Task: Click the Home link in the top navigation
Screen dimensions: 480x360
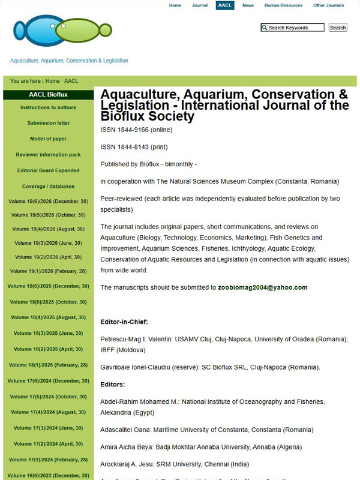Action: (x=175, y=5)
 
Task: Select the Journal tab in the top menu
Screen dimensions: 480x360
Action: (x=200, y=5)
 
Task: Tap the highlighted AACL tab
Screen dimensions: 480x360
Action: (x=225, y=5)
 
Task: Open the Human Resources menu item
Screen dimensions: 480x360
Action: (x=283, y=5)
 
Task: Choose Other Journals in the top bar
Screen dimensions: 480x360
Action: (x=328, y=5)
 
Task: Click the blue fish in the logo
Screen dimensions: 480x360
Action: (x=35, y=30)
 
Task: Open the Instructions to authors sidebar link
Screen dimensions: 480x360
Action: (x=48, y=108)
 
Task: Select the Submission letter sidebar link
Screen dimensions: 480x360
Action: (x=48, y=124)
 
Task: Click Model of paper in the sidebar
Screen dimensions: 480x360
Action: (x=48, y=139)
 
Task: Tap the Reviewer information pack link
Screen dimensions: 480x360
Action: (x=48, y=155)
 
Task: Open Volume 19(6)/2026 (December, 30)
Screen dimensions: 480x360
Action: (x=48, y=202)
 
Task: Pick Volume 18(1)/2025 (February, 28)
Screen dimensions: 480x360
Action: (x=48, y=365)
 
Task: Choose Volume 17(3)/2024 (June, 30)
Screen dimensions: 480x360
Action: (x=48, y=428)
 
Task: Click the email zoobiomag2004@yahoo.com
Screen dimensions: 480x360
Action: (x=262, y=288)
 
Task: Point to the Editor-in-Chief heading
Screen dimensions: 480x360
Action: (x=124, y=322)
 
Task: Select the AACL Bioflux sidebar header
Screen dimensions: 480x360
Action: (x=48, y=95)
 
